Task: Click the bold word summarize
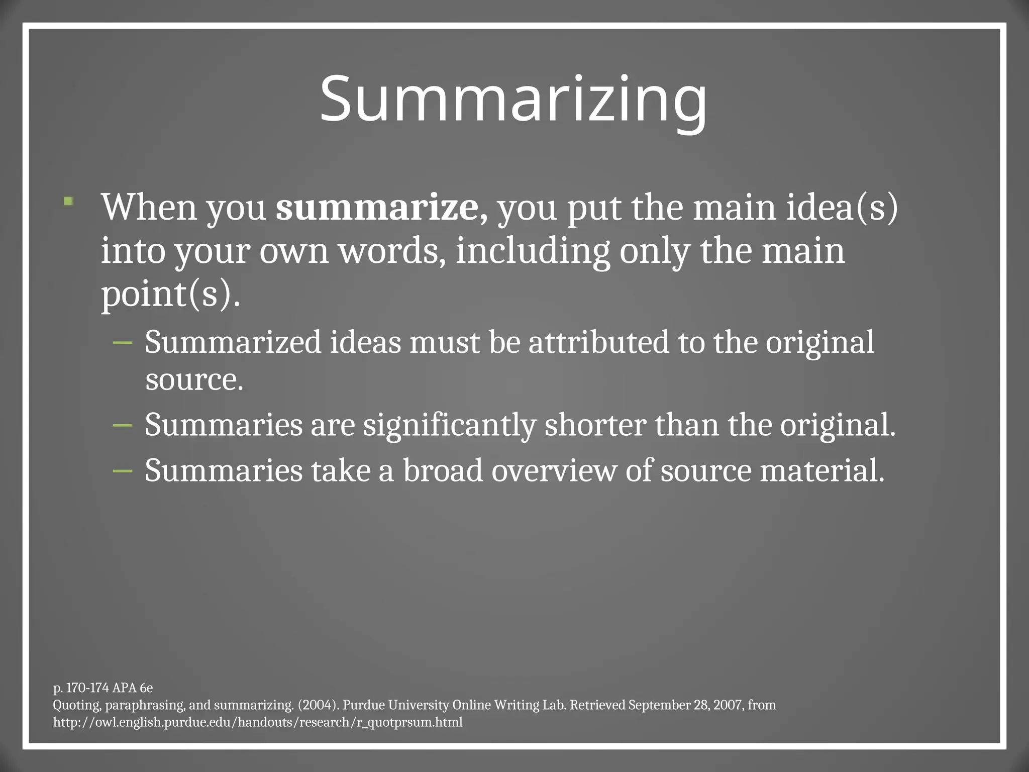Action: pos(377,207)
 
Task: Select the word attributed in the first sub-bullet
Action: pos(598,342)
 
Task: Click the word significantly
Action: pos(449,425)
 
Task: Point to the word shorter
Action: pos(595,425)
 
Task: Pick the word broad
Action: pos(443,471)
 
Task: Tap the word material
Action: pos(821,471)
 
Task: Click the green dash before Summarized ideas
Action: pos(123,343)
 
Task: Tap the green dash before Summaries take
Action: pos(123,471)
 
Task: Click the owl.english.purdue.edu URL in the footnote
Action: pos(258,722)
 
